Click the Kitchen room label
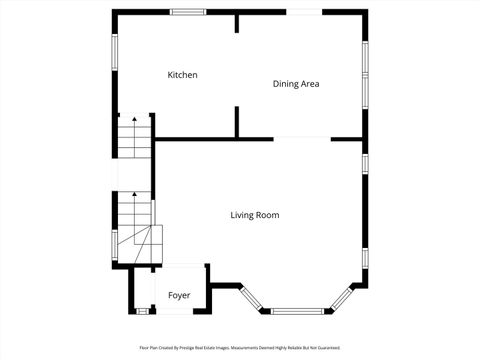tap(182, 75)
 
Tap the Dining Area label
tap(296, 84)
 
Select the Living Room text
tap(254, 215)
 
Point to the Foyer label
tap(179, 295)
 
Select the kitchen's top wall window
tap(188, 12)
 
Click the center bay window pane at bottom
tap(301, 311)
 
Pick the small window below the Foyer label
tap(141, 311)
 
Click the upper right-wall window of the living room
tap(366, 164)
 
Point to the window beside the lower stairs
tap(114, 241)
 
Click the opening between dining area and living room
tap(302, 139)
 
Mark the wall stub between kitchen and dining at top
tap(237, 25)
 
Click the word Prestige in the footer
tap(216, 348)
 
